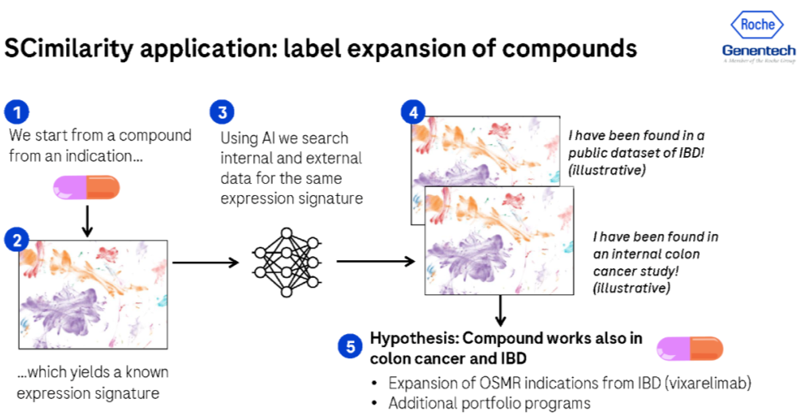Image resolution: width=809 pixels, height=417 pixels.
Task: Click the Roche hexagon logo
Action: (756, 24)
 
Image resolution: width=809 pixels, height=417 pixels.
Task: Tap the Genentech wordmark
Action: (759, 51)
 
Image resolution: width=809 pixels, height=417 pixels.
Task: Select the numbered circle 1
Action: (17, 112)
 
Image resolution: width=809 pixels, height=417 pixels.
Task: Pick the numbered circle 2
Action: (17, 240)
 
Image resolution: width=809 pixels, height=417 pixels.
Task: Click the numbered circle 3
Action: (222, 112)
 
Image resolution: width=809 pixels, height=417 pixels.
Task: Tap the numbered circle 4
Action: (414, 112)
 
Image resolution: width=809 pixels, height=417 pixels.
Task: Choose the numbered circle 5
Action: (350, 346)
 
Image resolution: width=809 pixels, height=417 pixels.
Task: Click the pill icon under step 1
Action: (87, 187)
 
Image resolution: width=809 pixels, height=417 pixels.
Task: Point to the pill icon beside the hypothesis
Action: (690, 349)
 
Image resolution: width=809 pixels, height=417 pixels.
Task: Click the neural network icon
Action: (287, 262)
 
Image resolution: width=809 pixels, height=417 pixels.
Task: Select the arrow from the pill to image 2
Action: (88, 221)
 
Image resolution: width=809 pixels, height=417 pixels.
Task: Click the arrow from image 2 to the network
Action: (205, 262)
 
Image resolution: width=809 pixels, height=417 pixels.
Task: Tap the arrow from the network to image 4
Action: (375, 261)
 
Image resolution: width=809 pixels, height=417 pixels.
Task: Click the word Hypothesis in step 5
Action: (414, 338)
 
